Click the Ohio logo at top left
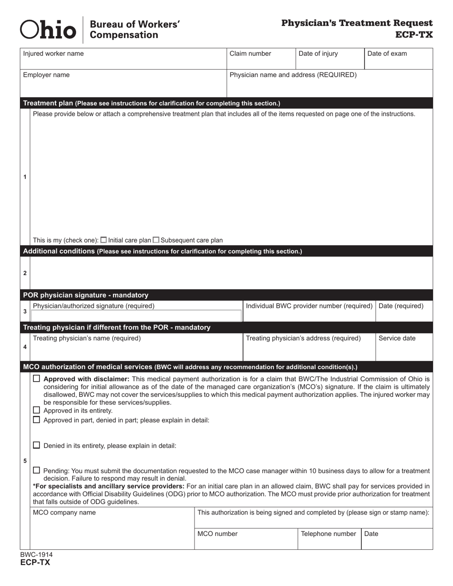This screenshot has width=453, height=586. pos(48,30)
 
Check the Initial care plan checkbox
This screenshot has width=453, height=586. pos(104,240)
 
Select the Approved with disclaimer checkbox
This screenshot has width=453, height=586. pos(37,379)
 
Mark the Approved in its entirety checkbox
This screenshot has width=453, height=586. pos(37,410)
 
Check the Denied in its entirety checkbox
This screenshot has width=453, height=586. pos(37,445)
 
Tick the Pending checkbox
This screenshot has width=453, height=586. pos(37,470)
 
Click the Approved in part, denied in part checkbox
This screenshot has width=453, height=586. pos(37,420)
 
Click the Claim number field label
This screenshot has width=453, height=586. pos(250,54)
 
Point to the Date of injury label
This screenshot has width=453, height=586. pos(318,54)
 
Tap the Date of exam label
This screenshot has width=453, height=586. pos(387,54)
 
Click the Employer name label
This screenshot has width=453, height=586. pos(46,75)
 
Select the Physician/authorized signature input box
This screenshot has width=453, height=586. pos(136,315)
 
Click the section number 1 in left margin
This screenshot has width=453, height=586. pos(25,177)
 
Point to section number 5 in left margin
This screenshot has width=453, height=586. pos(25,461)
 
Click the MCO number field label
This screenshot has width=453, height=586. pos(217,534)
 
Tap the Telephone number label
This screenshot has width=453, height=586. pos(329,534)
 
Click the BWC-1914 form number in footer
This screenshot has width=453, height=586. pos(36,555)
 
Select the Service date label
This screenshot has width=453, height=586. pos(397,338)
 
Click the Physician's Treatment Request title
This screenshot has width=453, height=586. pos(357,23)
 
